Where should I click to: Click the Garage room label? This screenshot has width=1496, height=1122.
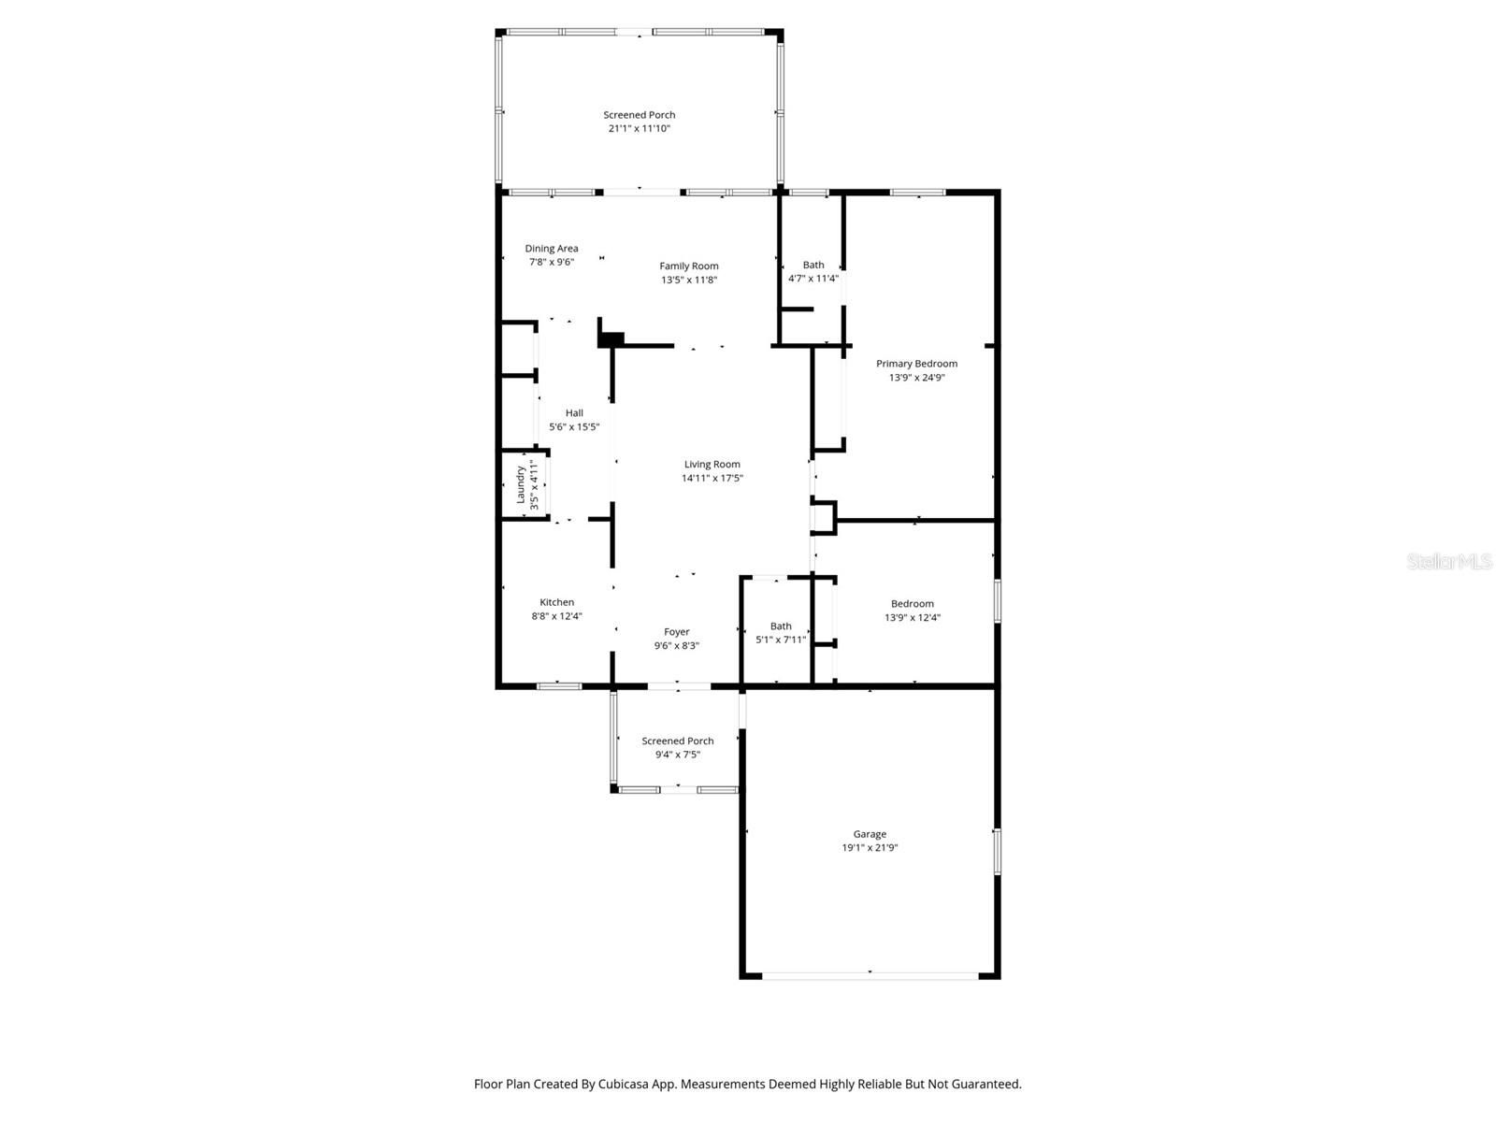point(869,834)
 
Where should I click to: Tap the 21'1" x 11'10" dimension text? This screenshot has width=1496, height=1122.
point(639,129)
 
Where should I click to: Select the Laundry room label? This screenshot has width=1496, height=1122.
point(521,484)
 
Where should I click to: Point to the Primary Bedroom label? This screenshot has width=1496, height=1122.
point(916,364)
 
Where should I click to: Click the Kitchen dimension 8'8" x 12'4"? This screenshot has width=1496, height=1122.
point(556,616)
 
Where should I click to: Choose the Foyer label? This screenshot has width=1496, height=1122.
point(676,632)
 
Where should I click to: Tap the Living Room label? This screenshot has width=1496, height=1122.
point(712,465)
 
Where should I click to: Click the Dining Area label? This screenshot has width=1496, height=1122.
point(551,249)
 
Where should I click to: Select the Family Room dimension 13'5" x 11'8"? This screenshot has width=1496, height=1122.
point(689,280)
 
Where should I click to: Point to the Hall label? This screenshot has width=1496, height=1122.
point(574,413)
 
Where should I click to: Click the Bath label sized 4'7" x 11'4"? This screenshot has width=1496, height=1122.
point(813,266)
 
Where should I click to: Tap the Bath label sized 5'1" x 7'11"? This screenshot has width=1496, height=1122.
point(781,626)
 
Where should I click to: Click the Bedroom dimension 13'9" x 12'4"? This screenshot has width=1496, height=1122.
point(913,618)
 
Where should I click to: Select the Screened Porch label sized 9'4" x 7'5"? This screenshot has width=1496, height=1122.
point(677,741)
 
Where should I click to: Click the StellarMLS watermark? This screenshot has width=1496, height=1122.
point(1448,561)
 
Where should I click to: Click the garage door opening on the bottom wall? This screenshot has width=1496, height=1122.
point(870,975)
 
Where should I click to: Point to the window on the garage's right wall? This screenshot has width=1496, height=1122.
point(997,851)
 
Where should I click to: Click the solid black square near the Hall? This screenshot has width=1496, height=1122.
point(611,339)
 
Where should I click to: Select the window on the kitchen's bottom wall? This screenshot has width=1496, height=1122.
point(559,686)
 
